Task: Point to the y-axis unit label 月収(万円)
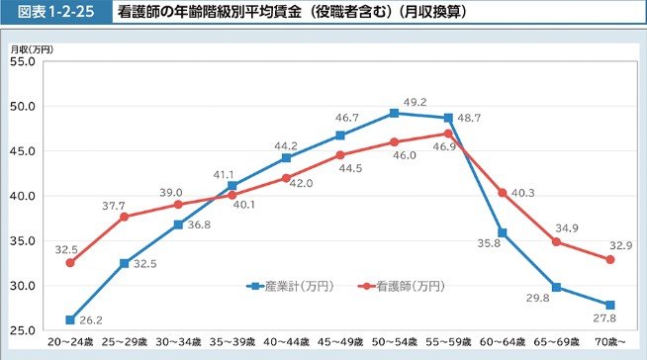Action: [31, 48]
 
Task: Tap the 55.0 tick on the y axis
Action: [23, 61]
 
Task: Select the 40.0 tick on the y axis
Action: [23, 196]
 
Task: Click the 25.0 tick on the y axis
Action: [23, 330]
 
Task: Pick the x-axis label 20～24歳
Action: [70, 343]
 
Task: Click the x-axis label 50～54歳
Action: [393, 343]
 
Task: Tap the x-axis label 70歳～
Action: [610, 343]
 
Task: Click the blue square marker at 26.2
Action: [70, 319]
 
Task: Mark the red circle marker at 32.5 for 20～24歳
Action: [70, 263]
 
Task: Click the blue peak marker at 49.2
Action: [394, 113]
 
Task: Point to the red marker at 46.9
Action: [448, 134]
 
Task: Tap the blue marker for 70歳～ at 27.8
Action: [610, 305]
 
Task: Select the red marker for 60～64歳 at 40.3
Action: [503, 192]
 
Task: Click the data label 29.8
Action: [537, 298]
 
